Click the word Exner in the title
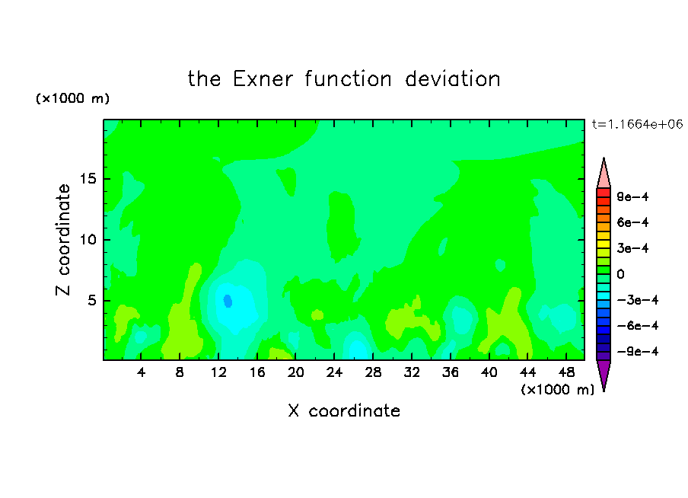tap(263, 79)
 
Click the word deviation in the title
tap(453, 79)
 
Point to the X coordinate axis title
tap(344, 410)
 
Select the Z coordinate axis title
tap(63, 240)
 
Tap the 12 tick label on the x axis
tap(218, 373)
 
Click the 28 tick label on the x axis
tap(373, 373)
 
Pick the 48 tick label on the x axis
tap(566, 373)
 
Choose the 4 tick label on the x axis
tap(141, 373)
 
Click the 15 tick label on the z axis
tap(88, 179)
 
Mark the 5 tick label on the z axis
tap(91, 301)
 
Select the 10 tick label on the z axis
tap(88, 240)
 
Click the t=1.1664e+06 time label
tap(637, 124)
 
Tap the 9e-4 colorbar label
tap(632, 196)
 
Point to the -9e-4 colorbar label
tap(638, 351)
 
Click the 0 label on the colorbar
tap(620, 274)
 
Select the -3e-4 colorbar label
tap(638, 300)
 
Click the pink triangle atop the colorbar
tap(604, 175)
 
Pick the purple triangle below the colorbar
tap(604, 373)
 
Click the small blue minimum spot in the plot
tap(228, 301)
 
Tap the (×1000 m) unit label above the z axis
tap(72, 98)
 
